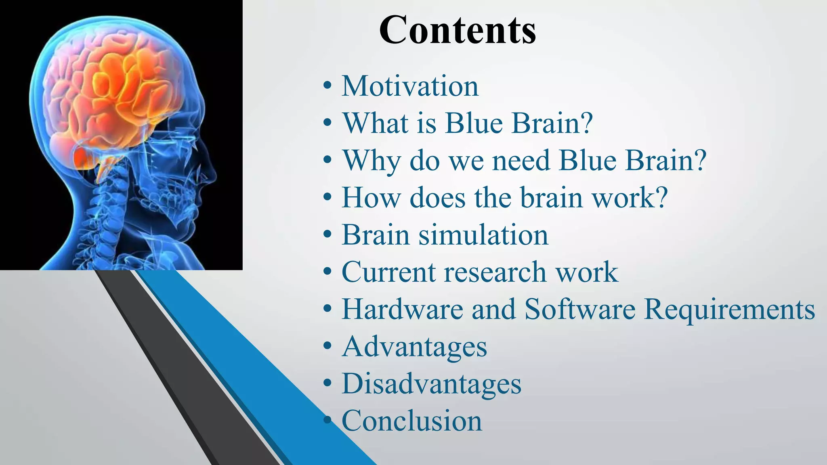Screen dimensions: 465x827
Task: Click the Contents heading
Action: coord(457,30)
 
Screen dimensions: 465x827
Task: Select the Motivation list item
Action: coord(410,86)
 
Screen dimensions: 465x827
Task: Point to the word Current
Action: coord(388,272)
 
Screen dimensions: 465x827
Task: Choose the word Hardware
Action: coord(402,309)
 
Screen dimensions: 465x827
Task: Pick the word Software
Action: coord(580,309)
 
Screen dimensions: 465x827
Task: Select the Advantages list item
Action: coord(414,347)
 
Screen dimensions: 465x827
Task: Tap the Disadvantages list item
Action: coord(431,383)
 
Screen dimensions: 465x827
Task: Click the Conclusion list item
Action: coord(411,421)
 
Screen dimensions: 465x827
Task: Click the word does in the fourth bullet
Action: coord(438,198)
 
